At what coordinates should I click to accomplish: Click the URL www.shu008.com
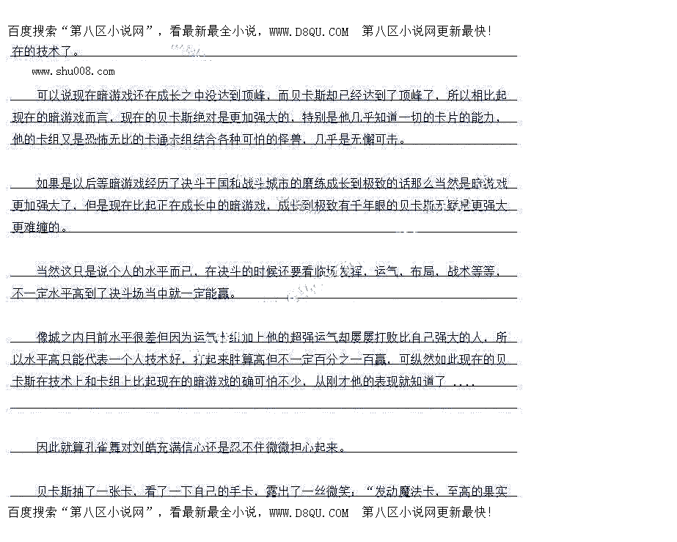73,72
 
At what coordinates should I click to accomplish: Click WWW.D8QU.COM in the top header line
309,32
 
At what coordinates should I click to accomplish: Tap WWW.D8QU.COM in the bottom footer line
309,513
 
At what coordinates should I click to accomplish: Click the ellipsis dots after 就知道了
464,382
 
